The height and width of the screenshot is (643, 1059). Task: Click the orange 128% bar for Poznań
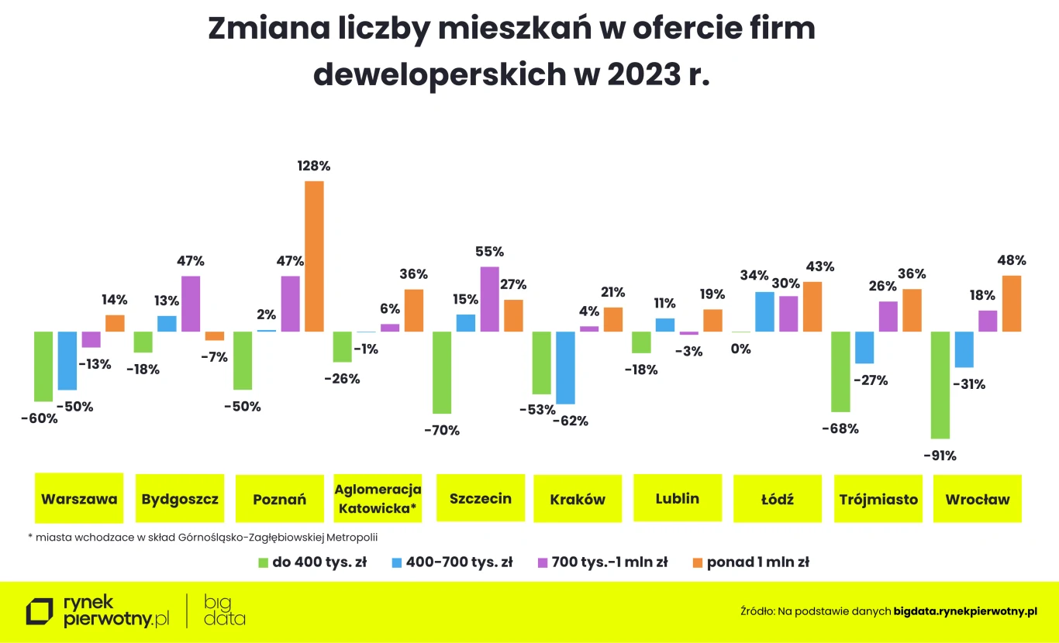(314, 256)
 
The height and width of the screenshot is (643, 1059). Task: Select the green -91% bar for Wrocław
(940, 385)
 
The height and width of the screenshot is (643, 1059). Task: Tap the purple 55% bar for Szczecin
(489, 299)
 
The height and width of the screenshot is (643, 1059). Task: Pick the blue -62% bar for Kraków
(565, 367)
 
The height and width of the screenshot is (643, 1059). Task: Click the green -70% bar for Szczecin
(442, 373)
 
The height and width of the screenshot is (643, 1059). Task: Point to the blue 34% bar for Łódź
(764, 311)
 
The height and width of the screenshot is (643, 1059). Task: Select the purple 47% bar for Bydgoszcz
(191, 304)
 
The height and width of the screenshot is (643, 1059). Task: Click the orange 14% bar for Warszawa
(115, 323)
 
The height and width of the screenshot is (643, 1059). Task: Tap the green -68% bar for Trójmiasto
(840, 371)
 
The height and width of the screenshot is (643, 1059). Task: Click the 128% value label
(314, 166)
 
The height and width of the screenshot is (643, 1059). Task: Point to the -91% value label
(940, 456)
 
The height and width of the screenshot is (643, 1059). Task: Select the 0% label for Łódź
(741, 349)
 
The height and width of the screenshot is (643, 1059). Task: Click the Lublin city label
(677, 498)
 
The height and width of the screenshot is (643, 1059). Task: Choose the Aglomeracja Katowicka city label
(378, 498)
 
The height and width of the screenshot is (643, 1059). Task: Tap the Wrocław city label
(977, 499)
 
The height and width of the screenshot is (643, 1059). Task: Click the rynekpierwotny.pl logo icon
(40, 611)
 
